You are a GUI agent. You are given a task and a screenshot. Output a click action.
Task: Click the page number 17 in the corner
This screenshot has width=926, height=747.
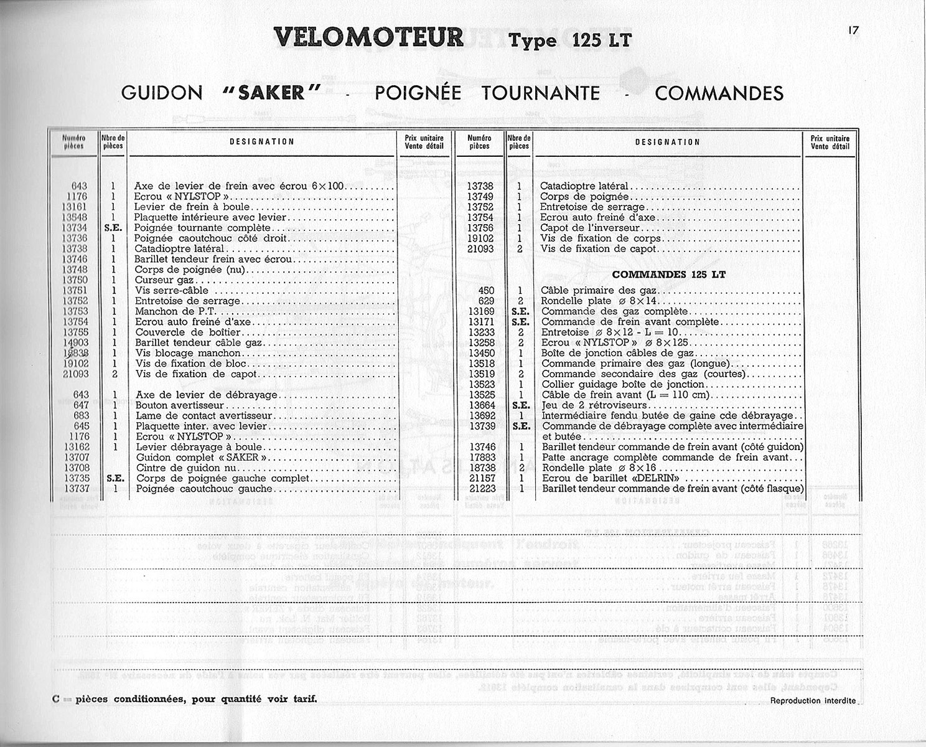click(x=853, y=29)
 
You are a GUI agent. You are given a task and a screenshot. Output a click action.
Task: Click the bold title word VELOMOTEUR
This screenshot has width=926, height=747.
click(x=369, y=38)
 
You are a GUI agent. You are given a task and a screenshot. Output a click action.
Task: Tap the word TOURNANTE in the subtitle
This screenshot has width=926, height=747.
click(x=541, y=93)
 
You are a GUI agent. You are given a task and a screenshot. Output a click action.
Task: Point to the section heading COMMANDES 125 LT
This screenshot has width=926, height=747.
click(x=668, y=275)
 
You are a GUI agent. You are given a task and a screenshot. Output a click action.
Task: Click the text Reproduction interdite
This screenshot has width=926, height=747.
click(x=813, y=700)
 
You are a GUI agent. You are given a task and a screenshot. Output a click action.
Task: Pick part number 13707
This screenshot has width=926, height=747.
click(x=76, y=458)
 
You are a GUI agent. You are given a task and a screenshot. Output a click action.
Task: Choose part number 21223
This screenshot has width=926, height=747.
click(x=482, y=489)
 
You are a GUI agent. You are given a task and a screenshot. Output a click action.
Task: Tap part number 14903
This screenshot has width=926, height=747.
click(x=76, y=342)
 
